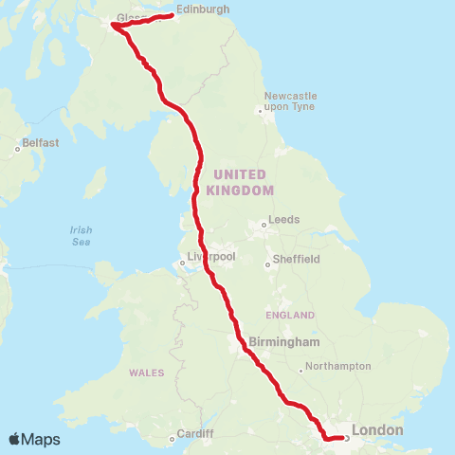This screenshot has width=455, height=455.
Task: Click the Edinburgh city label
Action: (203, 9)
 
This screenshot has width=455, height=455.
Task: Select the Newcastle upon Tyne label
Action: (290, 101)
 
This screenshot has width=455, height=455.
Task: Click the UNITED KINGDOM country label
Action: (244, 182)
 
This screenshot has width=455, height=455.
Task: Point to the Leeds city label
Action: (284, 219)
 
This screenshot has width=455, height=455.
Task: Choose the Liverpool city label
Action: (211, 257)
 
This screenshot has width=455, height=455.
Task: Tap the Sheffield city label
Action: (298, 258)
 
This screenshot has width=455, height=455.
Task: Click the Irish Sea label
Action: (82, 235)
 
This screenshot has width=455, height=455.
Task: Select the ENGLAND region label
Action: (290, 315)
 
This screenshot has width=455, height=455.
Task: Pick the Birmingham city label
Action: (285, 341)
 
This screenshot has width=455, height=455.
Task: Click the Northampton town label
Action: (338, 365)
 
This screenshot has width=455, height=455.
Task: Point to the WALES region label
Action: (147, 373)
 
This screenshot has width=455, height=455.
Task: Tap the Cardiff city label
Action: (195, 433)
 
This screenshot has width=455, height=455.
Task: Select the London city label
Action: (377, 430)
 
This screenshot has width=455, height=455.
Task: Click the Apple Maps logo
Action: (34, 439)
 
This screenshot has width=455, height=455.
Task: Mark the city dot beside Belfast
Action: (19, 148)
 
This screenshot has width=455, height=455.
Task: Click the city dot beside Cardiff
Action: (172, 438)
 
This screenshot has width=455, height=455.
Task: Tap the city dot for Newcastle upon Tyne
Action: (261, 112)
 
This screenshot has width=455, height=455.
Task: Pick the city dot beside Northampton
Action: (300, 370)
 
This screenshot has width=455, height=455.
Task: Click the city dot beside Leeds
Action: (264, 225)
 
